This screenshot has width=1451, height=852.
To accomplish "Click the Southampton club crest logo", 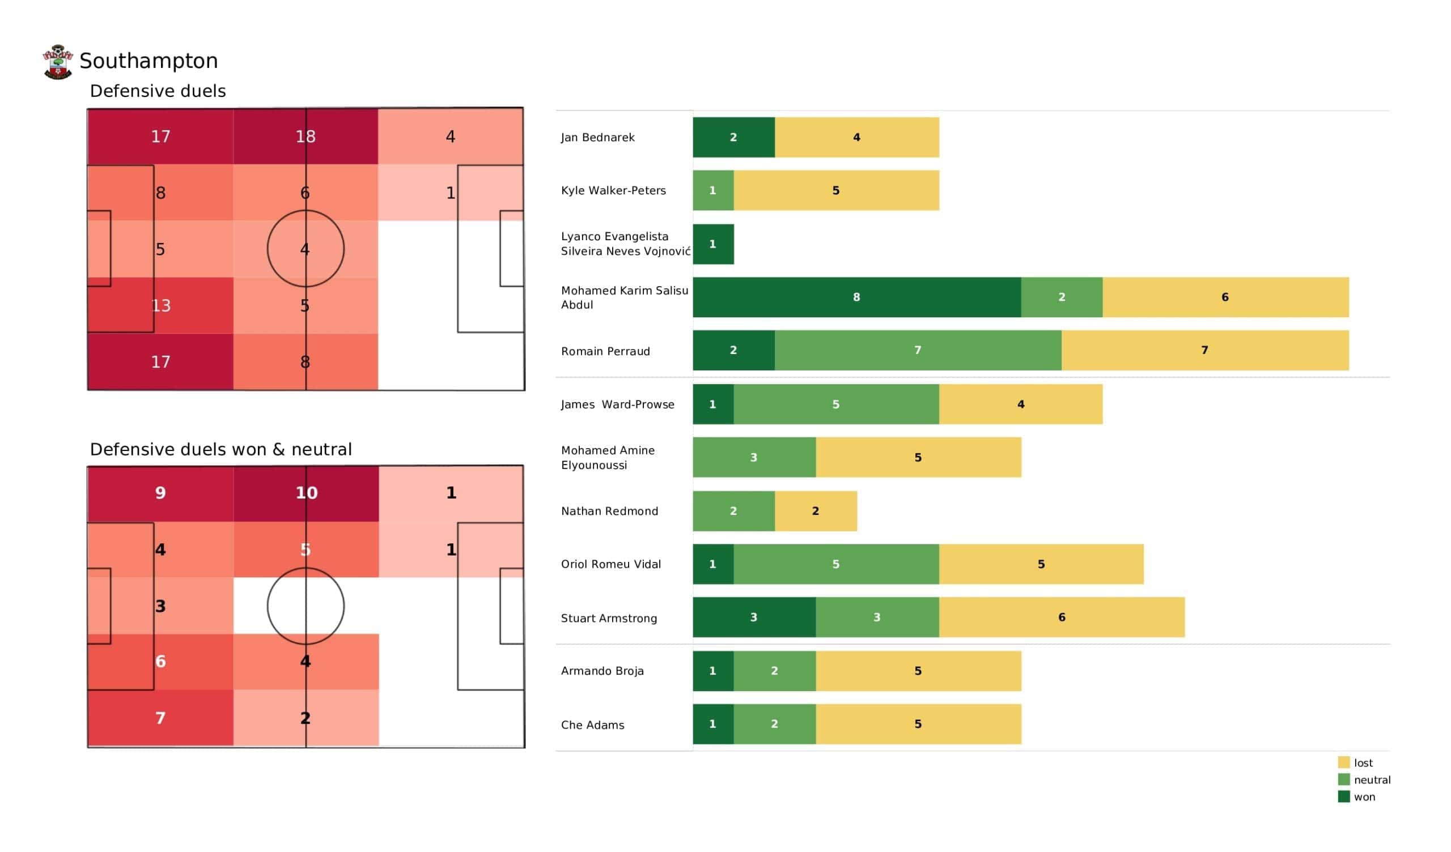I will coord(58,62).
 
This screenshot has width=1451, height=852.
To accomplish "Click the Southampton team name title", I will coord(149,61).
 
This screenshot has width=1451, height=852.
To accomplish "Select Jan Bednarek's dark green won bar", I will coord(733,137).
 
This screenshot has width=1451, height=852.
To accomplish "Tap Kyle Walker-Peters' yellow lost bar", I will coord(836,190).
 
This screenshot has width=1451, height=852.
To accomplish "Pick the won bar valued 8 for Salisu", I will coord(856,297).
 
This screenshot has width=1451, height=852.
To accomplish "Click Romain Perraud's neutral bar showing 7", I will coord(917,350).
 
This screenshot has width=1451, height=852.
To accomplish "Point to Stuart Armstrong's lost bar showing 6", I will coord(1061,617).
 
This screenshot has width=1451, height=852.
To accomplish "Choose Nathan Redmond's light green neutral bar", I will coord(733,510).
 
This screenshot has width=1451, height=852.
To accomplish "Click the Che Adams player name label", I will coord(592,725).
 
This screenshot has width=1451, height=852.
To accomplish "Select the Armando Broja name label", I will coord(603,671).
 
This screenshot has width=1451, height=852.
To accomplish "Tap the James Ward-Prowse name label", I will coord(617,404).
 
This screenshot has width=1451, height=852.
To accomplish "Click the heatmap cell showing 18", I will coord(305,137).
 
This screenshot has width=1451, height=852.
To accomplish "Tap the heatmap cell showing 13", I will coord(160,305).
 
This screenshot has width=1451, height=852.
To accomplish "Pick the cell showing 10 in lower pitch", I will coord(306,493).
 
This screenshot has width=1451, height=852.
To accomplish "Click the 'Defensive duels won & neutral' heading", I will coord(220,449).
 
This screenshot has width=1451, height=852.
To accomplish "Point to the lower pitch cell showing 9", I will coord(160,493).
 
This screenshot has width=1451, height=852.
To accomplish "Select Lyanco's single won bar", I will coord(713,244).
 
